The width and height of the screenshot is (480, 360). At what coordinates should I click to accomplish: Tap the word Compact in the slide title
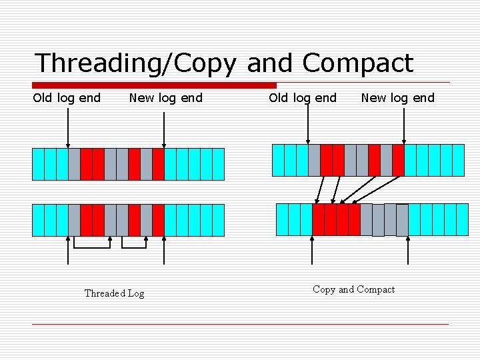point(358,64)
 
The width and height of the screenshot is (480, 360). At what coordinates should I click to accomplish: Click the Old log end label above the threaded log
point(67,98)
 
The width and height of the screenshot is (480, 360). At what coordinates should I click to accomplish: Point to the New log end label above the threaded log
point(165,98)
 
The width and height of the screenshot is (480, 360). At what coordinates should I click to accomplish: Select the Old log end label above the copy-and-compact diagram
point(303,98)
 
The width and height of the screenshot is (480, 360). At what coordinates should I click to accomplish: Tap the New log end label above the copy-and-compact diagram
point(397,98)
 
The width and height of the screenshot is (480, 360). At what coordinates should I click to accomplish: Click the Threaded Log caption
point(114,293)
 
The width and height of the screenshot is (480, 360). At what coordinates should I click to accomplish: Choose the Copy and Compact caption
point(353,289)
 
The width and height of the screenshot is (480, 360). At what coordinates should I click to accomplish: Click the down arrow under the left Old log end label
point(68,127)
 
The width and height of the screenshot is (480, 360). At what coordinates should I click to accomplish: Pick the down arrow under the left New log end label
point(165,127)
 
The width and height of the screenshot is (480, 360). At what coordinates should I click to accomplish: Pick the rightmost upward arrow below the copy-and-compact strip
point(407,251)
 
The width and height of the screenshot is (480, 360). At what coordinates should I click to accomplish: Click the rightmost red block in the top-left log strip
point(158,164)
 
